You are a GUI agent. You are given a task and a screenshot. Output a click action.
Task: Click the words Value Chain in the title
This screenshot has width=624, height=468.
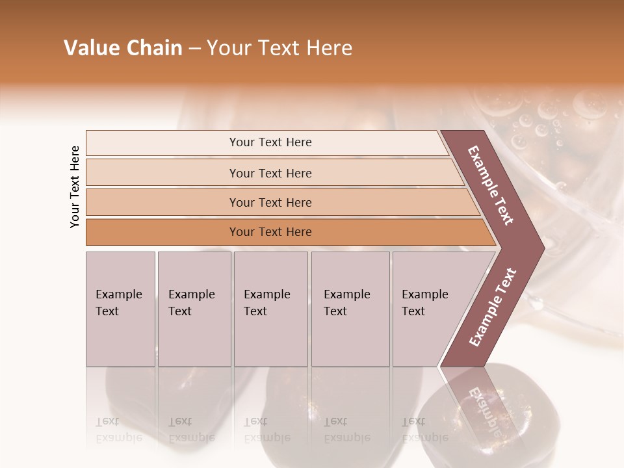tap(123, 48)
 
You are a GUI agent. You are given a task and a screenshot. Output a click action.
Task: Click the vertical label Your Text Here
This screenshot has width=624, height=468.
tap(75, 187)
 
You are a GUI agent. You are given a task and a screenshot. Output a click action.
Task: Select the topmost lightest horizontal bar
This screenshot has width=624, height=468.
tap(270, 142)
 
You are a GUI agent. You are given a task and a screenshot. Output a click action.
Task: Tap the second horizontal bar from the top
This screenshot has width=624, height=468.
tap(270, 173)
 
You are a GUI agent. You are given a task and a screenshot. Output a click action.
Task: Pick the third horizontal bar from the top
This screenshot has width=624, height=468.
tap(270, 202)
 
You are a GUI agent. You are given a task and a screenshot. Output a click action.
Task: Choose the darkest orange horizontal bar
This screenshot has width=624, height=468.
tap(270, 232)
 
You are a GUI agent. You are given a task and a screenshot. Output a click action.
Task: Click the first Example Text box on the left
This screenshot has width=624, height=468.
tap(120, 308)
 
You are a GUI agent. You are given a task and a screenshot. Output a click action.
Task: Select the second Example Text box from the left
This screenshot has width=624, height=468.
tap(194, 308)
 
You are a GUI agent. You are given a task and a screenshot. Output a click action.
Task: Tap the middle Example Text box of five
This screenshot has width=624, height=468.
tap(270, 308)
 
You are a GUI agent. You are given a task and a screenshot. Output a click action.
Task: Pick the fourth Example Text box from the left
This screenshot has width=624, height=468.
tap(350, 308)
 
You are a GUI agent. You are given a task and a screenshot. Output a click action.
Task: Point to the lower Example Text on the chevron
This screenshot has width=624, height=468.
tap(493, 307)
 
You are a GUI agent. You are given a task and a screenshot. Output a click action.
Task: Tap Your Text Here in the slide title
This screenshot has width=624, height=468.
tap(279, 48)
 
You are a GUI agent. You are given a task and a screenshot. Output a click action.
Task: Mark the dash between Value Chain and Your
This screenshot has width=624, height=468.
tap(194, 49)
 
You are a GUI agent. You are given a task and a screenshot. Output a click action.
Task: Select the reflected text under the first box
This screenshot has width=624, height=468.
tap(118, 430)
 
